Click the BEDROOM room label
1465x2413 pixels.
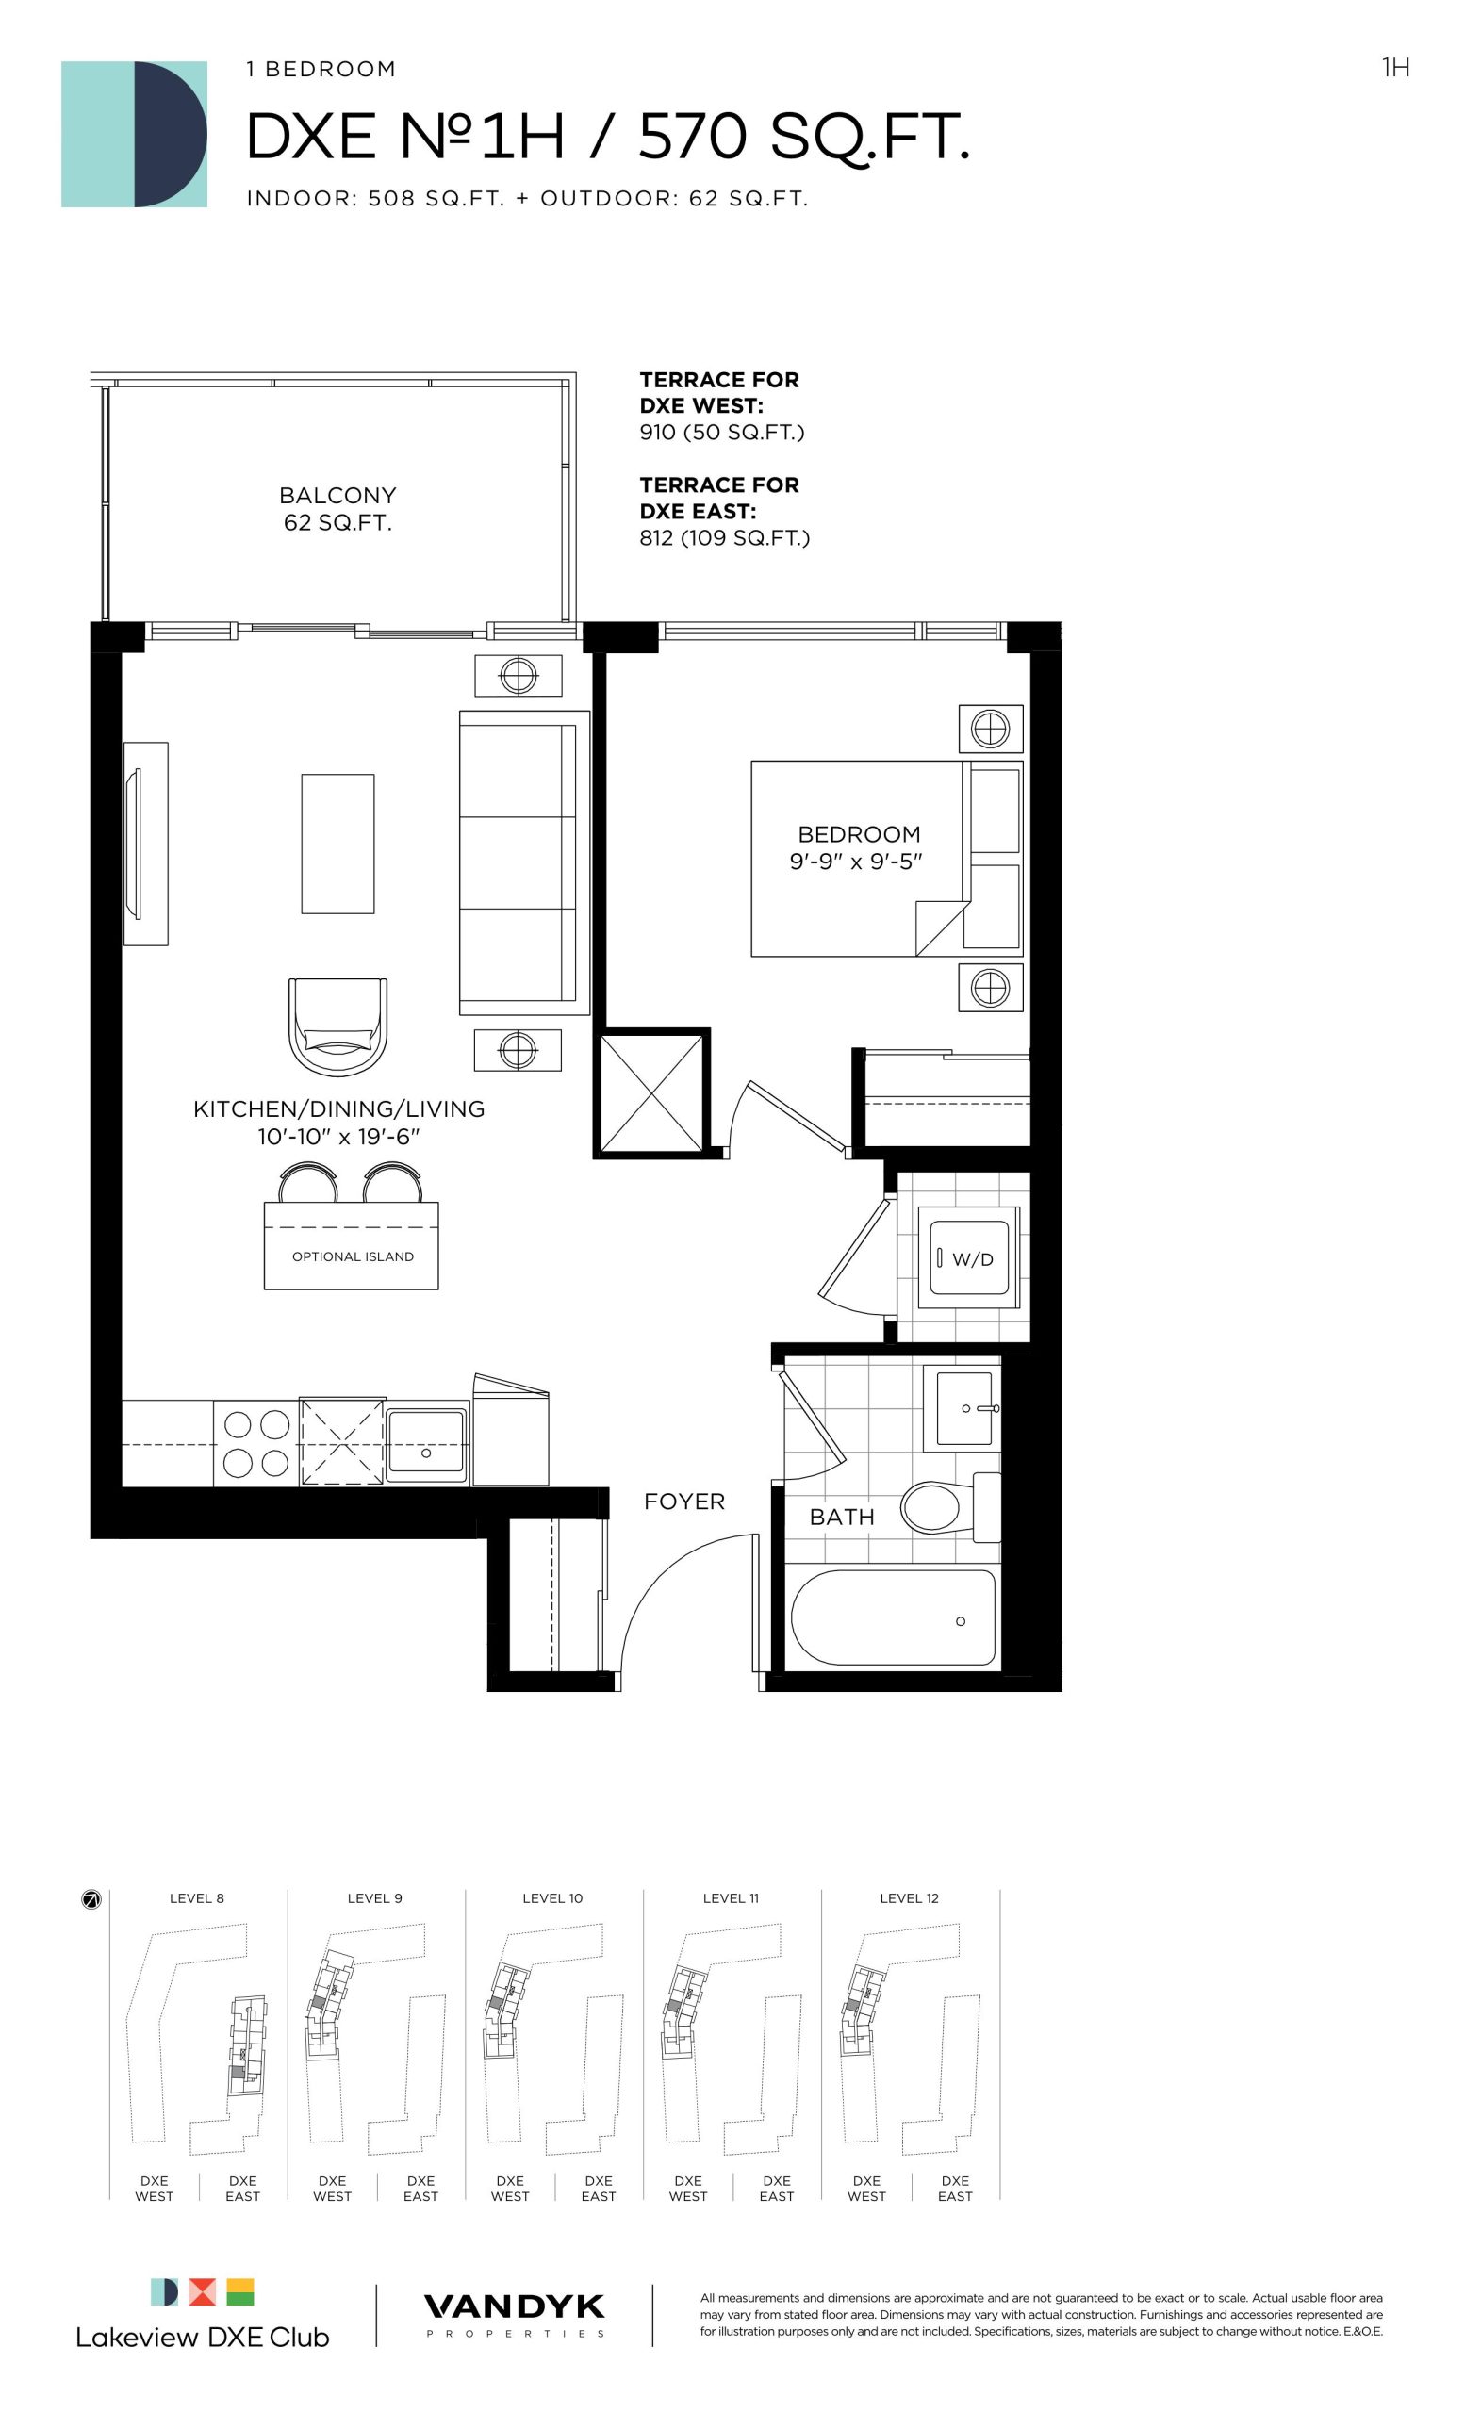858,834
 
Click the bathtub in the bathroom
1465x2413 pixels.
892,1617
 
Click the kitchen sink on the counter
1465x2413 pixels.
426,1441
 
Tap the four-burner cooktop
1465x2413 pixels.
255,1442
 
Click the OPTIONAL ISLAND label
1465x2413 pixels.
353,1256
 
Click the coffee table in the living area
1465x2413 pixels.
337,844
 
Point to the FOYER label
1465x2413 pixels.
683,1502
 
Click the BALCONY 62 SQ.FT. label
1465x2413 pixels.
337,508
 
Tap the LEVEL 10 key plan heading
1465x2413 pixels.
552,1898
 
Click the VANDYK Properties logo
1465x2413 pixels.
514,2315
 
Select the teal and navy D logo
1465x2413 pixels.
134,134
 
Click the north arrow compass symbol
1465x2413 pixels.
91,1900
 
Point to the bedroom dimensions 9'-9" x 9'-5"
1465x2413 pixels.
856,862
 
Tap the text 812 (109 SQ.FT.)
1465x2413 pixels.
725,537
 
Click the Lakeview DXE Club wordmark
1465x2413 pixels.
203,2337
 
